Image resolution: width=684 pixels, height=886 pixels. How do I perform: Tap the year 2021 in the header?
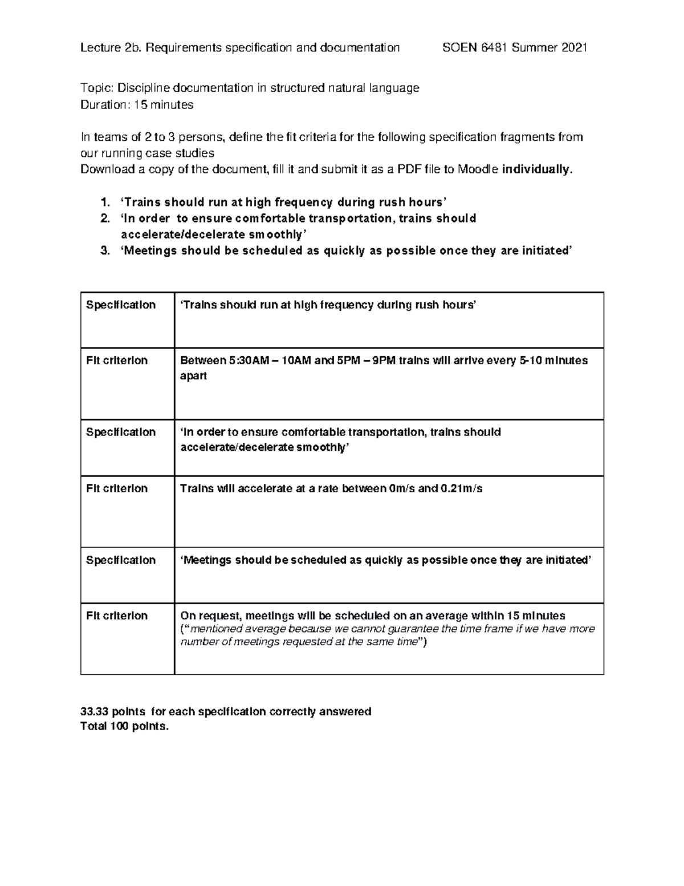coord(574,48)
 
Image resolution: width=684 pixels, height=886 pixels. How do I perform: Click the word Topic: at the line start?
coord(97,88)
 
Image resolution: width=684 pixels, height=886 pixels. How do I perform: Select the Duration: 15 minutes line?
coord(137,104)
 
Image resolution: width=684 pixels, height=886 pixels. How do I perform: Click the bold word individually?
coord(536,169)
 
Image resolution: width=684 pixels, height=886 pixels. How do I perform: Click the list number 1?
coord(103,202)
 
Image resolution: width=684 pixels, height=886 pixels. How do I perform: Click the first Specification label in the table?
coord(121,305)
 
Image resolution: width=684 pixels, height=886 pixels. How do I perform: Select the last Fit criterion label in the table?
coord(117,616)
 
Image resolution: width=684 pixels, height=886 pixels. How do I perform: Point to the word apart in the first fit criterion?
coord(193,376)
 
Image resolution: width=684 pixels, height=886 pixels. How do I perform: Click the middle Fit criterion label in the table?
coord(117,488)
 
